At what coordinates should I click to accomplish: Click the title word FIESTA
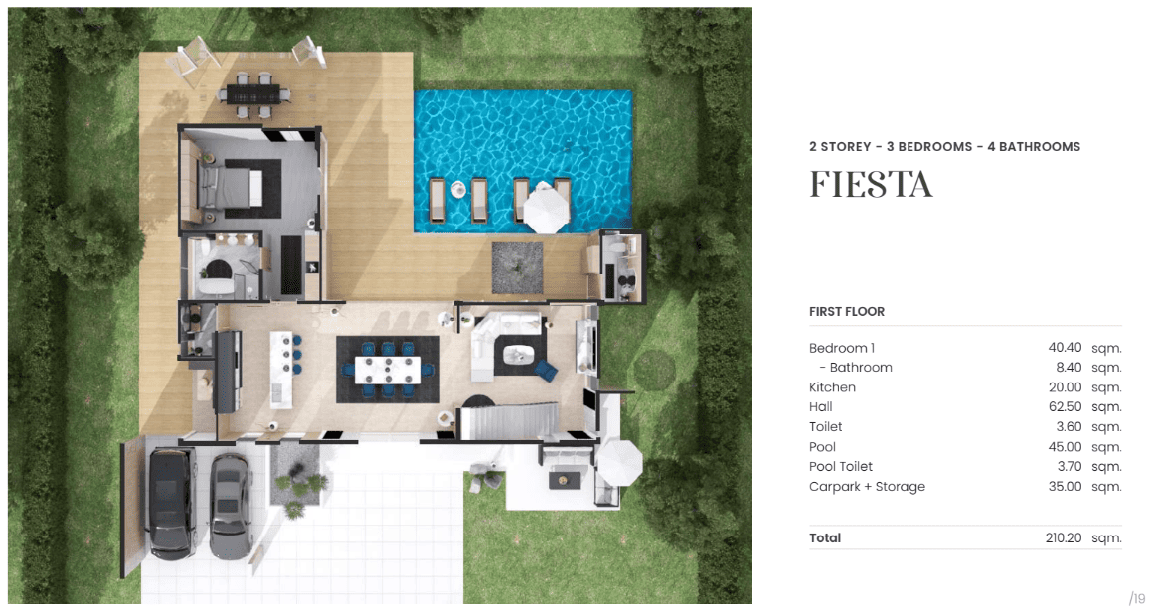tap(871, 185)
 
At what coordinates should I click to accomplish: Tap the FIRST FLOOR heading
tap(846, 311)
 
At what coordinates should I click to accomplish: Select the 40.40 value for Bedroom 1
tap(1065, 348)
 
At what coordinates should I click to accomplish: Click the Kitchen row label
tap(832, 387)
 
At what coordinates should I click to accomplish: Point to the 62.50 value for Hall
tap(1065, 407)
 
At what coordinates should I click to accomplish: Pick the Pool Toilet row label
tap(841, 467)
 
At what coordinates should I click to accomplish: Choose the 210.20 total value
tap(1064, 538)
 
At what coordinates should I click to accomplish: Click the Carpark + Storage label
tap(867, 487)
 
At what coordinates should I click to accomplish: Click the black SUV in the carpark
tap(171, 502)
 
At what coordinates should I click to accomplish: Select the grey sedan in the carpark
tap(231, 506)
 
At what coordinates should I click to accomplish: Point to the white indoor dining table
tap(388, 370)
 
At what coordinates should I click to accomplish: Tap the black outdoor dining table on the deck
tap(253, 94)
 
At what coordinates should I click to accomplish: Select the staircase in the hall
tap(509, 422)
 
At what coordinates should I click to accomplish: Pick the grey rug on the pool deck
tap(517, 267)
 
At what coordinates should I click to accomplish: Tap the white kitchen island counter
tap(280, 369)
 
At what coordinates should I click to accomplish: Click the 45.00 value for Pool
tap(1065, 447)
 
